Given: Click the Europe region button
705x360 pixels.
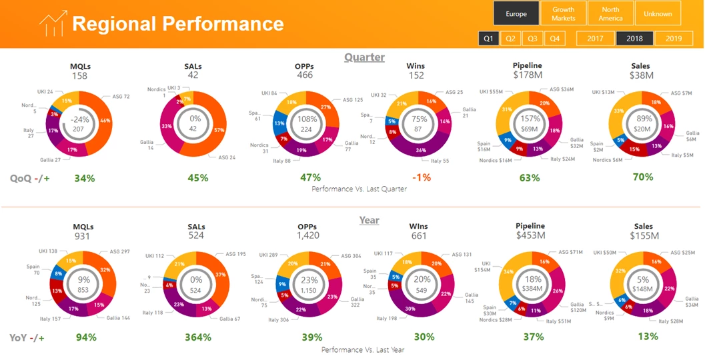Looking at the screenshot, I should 516,13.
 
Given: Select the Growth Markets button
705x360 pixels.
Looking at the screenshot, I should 563,13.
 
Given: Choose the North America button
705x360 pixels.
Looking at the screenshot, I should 610,13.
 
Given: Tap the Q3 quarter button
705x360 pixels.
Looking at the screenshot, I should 532,39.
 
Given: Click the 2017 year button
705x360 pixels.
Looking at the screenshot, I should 596,39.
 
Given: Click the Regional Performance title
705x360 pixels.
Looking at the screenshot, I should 178,24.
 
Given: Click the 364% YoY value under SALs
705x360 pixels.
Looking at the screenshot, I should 198,337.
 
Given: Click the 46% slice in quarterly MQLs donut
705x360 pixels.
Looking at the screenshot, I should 105,121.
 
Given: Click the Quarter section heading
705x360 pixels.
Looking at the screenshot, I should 364,57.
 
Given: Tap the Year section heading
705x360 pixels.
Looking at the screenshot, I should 369,220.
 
